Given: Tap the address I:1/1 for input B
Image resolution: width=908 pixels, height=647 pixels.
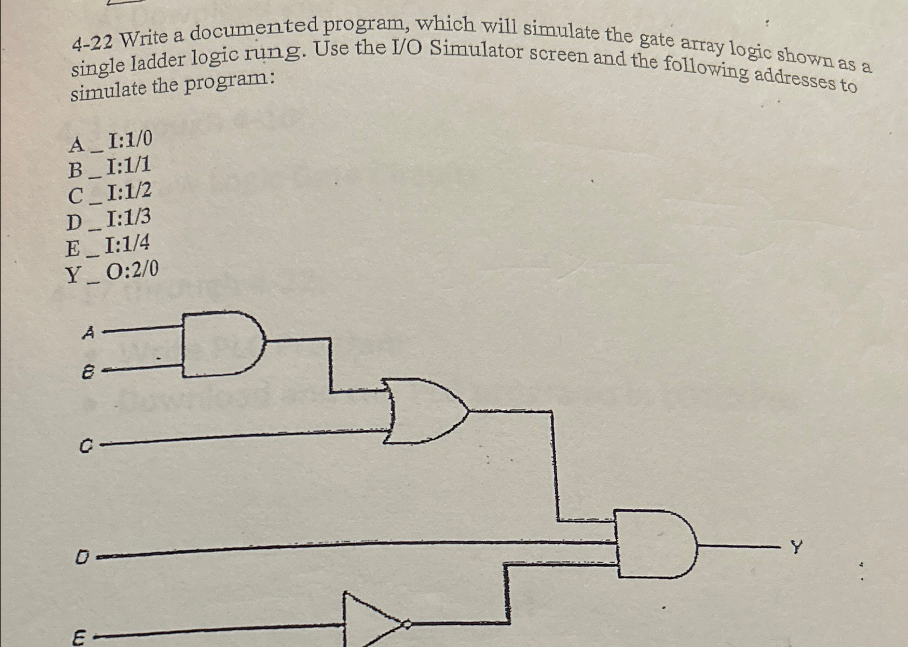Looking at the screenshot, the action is tap(128, 166).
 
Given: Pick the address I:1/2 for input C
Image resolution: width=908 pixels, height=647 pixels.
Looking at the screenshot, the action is tap(128, 192).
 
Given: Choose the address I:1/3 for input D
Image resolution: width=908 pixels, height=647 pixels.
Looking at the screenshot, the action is tap(128, 219).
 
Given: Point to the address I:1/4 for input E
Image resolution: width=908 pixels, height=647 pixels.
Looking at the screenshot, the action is tap(127, 246).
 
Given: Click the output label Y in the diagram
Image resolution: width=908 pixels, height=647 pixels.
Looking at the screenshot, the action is tap(796, 548).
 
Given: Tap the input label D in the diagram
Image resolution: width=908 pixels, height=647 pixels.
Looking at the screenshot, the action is tap(82, 556).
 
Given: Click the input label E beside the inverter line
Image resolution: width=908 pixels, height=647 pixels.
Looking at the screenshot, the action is tap(79, 639).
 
